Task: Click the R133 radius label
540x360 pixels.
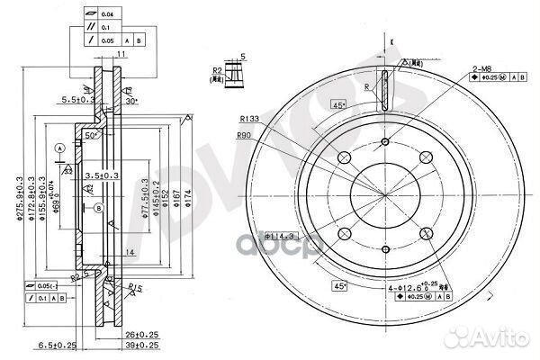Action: (x=250, y=118)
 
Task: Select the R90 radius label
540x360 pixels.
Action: (x=244, y=135)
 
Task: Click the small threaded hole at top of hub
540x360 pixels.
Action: (x=385, y=141)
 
